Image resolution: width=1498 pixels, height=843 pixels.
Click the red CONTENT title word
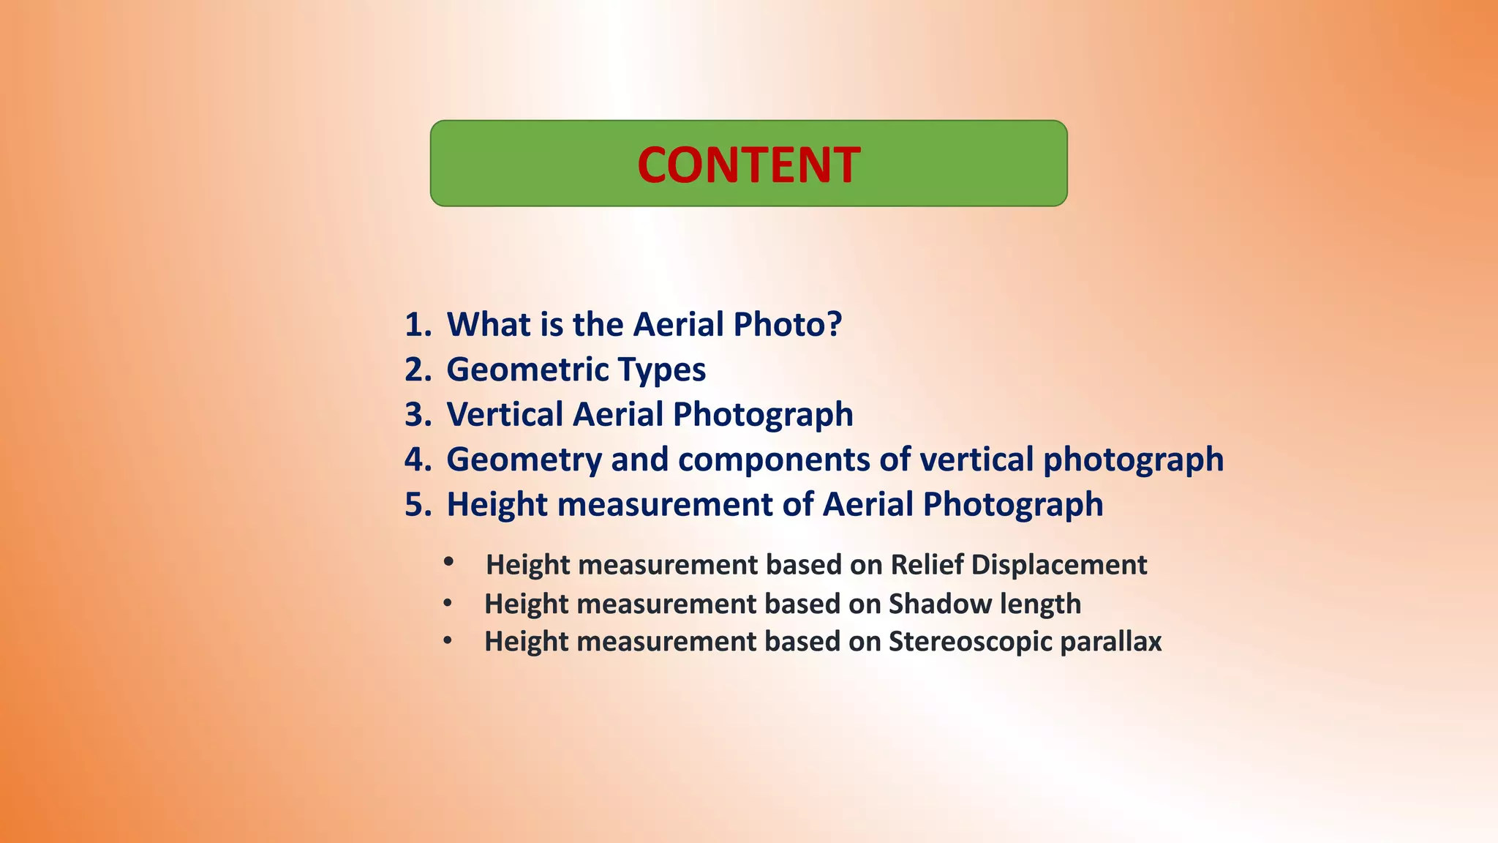point(748,165)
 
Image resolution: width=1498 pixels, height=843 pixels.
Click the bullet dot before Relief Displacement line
point(448,562)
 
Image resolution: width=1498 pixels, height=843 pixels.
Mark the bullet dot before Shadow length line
point(448,604)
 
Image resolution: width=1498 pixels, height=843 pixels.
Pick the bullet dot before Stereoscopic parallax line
point(448,642)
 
